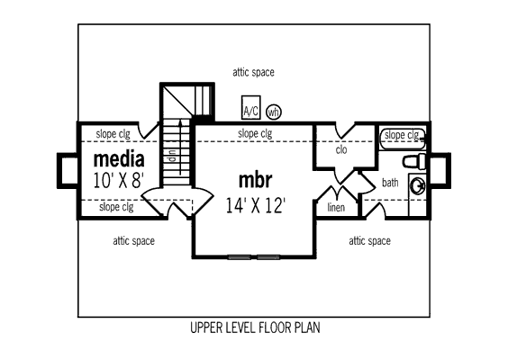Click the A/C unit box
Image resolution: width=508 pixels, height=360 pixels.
click(x=250, y=107)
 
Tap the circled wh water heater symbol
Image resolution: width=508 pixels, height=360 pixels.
click(x=274, y=112)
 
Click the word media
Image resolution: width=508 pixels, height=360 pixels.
click(x=119, y=159)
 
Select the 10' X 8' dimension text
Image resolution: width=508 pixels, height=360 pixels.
click(x=118, y=180)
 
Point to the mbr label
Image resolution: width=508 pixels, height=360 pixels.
click(x=255, y=180)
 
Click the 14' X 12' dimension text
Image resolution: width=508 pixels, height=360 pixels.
click(x=255, y=205)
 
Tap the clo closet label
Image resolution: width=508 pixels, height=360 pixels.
click(x=341, y=150)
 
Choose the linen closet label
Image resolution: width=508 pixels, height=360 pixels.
click(x=336, y=207)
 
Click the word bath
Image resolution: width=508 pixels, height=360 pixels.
click(x=390, y=183)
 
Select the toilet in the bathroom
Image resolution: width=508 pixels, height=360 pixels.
click(x=414, y=161)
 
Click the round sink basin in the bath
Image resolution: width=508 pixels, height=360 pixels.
click(x=417, y=186)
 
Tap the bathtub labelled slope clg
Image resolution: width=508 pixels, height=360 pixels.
click(x=403, y=139)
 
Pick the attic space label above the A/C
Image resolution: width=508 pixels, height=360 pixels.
click(x=253, y=72)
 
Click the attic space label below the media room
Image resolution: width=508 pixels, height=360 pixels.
click(x=134, y=241)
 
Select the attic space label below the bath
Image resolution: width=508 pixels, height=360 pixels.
click(x=369, y=241)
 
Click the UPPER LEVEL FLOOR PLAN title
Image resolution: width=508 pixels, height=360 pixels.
click(x=255, y=328)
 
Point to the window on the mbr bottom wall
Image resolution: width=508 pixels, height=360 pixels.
click(x=254, y=257)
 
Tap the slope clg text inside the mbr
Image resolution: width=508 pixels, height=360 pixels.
click(x=255, y=133)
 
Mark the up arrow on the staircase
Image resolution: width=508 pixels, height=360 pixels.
click(x=180, y=148)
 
